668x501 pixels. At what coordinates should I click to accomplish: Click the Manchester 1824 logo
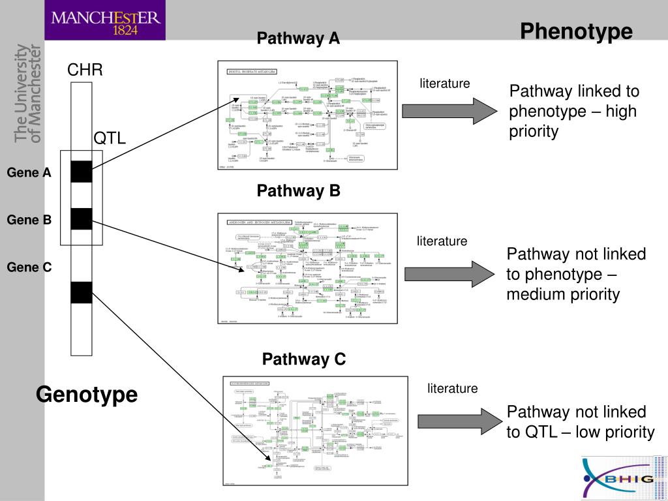click(105, 20)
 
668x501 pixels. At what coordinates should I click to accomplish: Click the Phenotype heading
click(576, 31)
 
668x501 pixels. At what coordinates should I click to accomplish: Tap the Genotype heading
click(87, 395)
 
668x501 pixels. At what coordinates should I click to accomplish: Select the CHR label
click(85, 70)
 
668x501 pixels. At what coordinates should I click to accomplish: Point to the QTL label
click(110, 138)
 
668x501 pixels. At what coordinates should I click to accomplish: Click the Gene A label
click(29, 173)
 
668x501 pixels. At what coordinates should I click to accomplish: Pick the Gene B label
click(29, 220)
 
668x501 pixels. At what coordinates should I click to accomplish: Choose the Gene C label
click(29, 267)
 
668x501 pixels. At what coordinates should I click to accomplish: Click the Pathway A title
click(298, 38)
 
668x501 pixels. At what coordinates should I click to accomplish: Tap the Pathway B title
click(298, 191)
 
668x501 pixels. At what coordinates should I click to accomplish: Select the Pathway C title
click(304, 359)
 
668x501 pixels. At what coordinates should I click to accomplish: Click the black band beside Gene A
click(82, 171)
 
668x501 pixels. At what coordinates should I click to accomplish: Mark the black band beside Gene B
click(82, 219)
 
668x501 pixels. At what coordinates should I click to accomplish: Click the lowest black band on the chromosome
click(82, 292)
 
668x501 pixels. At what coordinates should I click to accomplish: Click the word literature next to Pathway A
click(445, 83)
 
